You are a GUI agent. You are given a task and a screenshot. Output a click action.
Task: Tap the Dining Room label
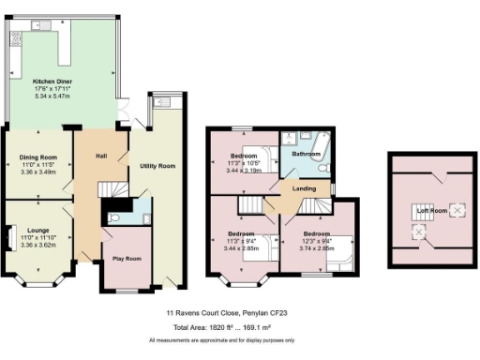[x=38, y=157]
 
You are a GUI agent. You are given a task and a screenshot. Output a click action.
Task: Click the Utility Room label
[x=157, y=165]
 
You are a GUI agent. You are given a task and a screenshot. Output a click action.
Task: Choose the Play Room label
[x=127, y=258]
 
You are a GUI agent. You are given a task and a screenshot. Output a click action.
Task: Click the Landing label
[x=303, y=188]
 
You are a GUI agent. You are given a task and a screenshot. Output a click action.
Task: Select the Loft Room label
[x=432, y=210]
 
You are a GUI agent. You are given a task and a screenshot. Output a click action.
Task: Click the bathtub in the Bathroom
[x=307, y=142]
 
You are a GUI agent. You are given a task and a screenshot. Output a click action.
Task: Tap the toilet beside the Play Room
[x=113, y=217]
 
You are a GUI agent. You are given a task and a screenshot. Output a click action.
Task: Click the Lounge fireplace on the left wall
[x=9, y=238]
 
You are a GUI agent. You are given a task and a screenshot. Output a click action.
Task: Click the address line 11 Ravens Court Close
[x=239, y=315]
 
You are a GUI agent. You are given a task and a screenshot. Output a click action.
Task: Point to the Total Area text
[x=239, y=329]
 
